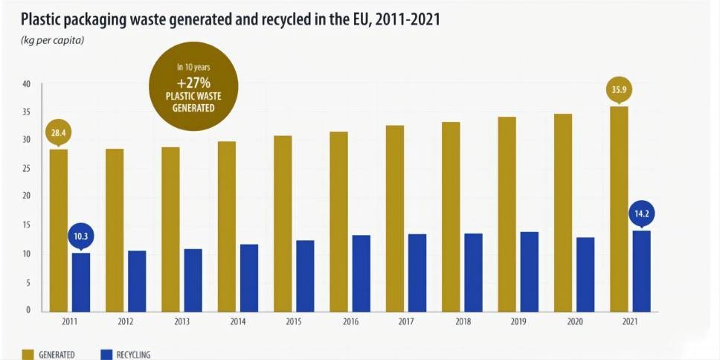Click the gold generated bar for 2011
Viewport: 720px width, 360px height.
59,231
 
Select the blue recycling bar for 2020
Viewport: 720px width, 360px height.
585,274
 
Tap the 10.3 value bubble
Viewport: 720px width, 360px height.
81,237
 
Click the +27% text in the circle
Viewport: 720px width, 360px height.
193,83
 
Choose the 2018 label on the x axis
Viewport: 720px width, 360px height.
463,322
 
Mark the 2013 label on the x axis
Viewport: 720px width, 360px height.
181,322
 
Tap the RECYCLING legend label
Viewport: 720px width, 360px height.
133,355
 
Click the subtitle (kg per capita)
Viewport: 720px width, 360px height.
52,40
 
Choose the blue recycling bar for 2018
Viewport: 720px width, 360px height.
474,272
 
